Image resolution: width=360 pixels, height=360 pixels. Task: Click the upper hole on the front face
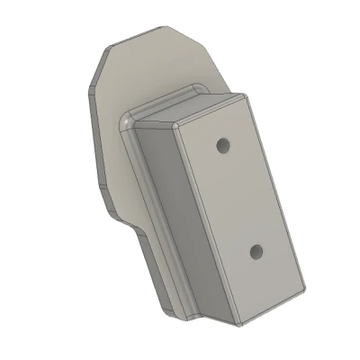221,144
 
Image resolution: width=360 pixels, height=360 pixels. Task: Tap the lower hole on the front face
256,250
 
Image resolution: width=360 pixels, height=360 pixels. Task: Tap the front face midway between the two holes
239,197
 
